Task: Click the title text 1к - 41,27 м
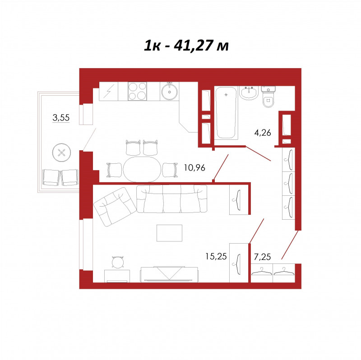click(x=186, y=46)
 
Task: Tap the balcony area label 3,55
click(x=61, y=118)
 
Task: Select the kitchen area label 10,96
click(x=194, y=168)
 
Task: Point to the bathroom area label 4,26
click(x=263, y=133)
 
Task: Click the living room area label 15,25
click(x=216, y=256)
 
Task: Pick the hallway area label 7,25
click(x=262, y=257)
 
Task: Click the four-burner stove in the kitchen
click(x=137, y=91)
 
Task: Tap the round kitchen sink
click(x=170, y=92)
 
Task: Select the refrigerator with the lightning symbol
click(x=108, y=91)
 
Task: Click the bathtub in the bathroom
click(x=226, y=113)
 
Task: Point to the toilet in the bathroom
click(x=268, y=97)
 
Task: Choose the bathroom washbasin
click(x=250, y=93)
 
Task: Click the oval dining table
click(x=142, y=170)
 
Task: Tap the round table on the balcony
click(x=61, y=152)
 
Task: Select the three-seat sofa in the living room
click(x=172, y=199)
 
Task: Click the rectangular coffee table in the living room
click(x=170, y=233)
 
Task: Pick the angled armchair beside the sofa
click(x=116, y=207)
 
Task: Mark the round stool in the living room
click(x=118, y=262)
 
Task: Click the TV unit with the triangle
click(x=169, y=274)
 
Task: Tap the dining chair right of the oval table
click(x=170, y=170)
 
